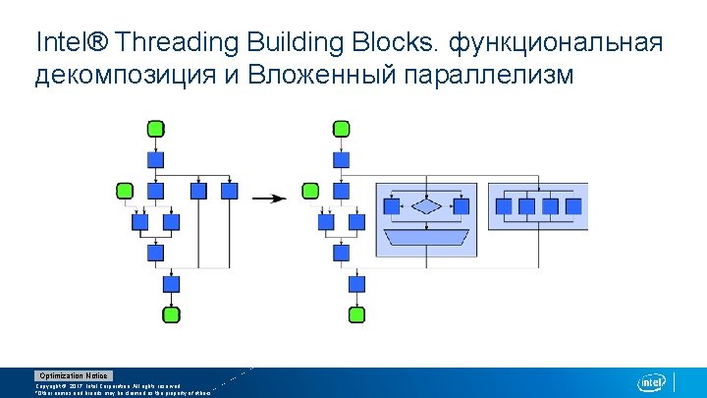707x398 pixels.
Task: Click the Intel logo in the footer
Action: (x=652, y=382)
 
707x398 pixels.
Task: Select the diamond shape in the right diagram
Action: (x=427, y=206)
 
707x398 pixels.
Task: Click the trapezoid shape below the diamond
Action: (x=427, y=237)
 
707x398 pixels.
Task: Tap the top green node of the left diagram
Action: (x=155, y=129)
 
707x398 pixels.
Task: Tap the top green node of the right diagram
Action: (x=341, y=129)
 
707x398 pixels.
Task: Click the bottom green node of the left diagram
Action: (x=170, y=314)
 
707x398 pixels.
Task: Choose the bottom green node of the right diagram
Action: (x=356, y=314)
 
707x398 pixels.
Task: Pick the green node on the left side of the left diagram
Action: (x=125, y=190)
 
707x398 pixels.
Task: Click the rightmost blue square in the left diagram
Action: (x=230, y=191)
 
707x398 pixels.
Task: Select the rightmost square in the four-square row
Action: (x=573, y=206)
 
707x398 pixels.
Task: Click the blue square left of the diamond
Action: (x=392, y=206)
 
